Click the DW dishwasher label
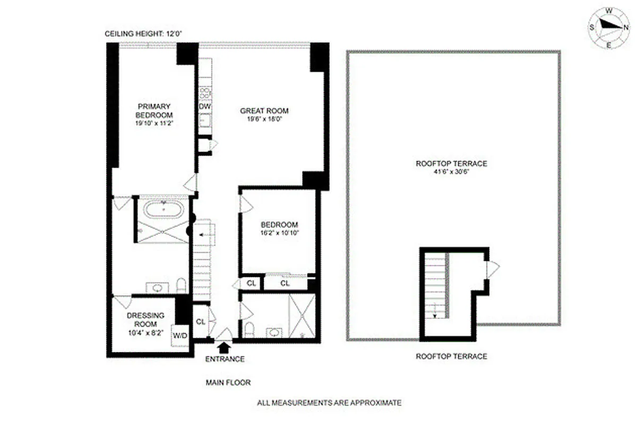coord(205,107)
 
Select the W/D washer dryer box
coord(180,336)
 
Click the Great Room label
coord(264,110)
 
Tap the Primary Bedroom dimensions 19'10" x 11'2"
coord(154,123)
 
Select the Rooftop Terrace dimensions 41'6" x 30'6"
coord(451,173)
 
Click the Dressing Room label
coord(145,319)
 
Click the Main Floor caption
coord(228,382)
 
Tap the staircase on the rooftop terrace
coord(435,287)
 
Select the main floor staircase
coord(203,260)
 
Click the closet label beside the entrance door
coord(201,321)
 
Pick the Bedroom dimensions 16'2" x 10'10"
coord(279,234)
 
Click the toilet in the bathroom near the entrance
coord(249,330)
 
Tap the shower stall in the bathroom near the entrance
coord(302,316)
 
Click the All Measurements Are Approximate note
coord(329,403)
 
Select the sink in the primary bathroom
coord(158,288)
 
